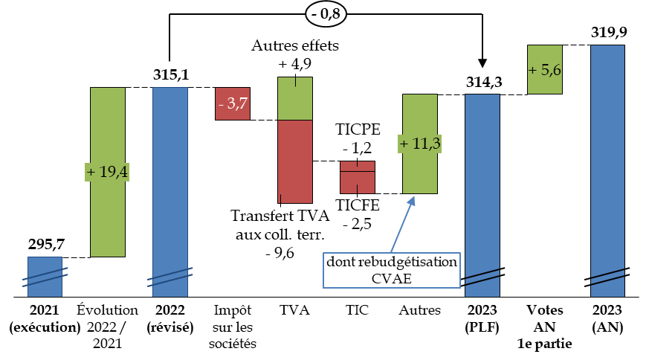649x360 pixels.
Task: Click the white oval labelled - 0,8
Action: click(326, 13)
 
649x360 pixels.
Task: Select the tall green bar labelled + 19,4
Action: click(108, 216)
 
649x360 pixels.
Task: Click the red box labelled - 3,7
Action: click(233, 103)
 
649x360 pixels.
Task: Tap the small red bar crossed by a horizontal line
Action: click(358, 177)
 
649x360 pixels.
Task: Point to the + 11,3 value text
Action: click(419, 144)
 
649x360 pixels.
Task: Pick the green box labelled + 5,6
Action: click(545, 69)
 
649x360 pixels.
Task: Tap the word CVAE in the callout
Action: click(391, 278)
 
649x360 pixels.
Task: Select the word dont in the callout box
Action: click(340, 263)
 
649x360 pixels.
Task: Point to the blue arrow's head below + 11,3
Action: click(412, 198)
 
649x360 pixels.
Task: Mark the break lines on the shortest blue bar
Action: click(45, 277)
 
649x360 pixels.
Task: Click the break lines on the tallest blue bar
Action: click(607, 275)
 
